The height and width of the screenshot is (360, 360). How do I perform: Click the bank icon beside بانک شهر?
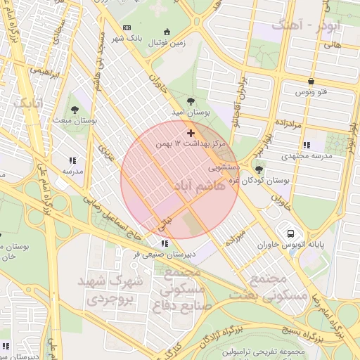(127, 27)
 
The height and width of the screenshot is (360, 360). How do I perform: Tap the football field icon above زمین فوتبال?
(167, 32)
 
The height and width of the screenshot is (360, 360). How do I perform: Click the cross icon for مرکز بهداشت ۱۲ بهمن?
(191, 132)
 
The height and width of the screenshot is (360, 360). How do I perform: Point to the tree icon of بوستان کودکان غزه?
(259, 169)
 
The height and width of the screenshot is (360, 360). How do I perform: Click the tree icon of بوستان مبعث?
(75, 109)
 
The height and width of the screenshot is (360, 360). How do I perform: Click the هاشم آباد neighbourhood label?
(198, 186)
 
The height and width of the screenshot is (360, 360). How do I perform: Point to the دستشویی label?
(225, 169)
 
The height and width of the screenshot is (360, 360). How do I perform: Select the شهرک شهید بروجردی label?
(114, 290)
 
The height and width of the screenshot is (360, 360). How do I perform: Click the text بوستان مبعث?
(79, 121)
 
